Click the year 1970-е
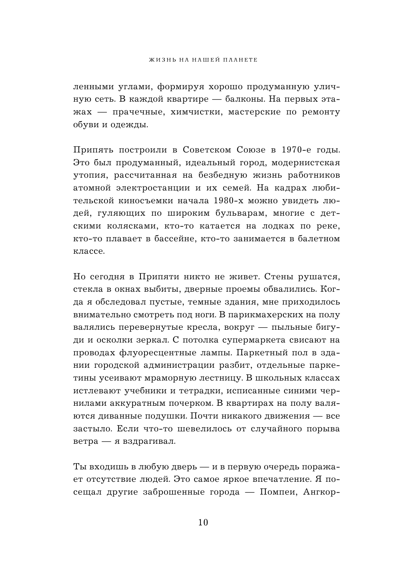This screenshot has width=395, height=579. (296, 150)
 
